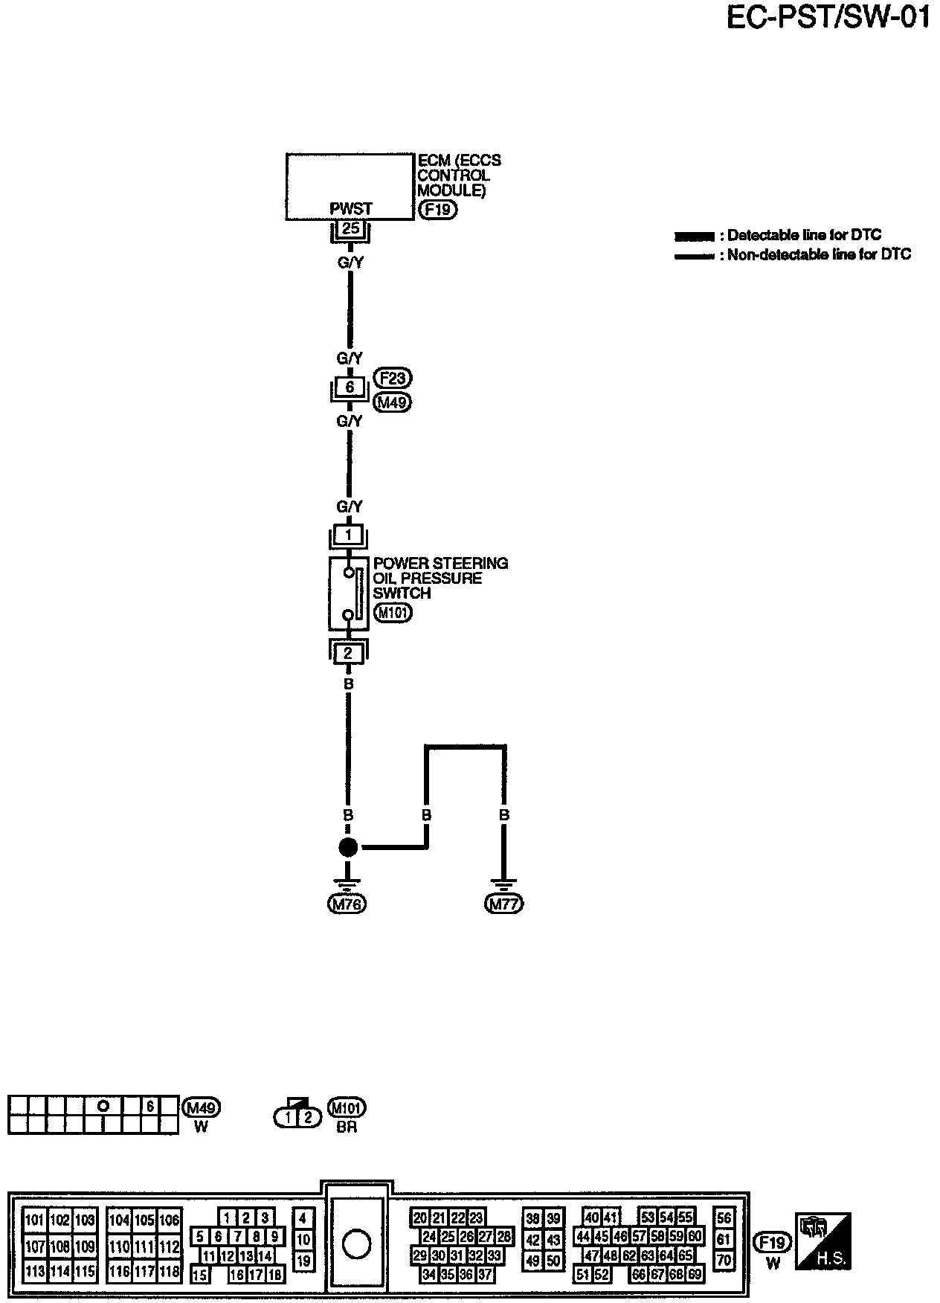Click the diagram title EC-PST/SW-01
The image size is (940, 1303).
tap(827, 18)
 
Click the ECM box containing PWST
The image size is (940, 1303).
tap(350, 186)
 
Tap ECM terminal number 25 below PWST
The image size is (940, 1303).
tap(350, 228)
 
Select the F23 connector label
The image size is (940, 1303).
tap(393, 378)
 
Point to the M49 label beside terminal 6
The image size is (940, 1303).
tap(393, 402)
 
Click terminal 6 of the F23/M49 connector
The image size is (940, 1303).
tap(350, 387)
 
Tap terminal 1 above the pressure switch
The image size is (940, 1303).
tap(348, 535)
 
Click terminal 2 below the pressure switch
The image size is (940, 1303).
tap(348, 654)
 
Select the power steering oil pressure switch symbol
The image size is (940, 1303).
tap(348, 593)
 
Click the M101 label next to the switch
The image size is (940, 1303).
tap(393, 614)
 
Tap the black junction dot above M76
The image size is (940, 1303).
tap(348, 847)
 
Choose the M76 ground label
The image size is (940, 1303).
tap(347, 904)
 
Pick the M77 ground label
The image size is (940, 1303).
tap(504, 904)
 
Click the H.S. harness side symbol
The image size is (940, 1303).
tap(822, 1241)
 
